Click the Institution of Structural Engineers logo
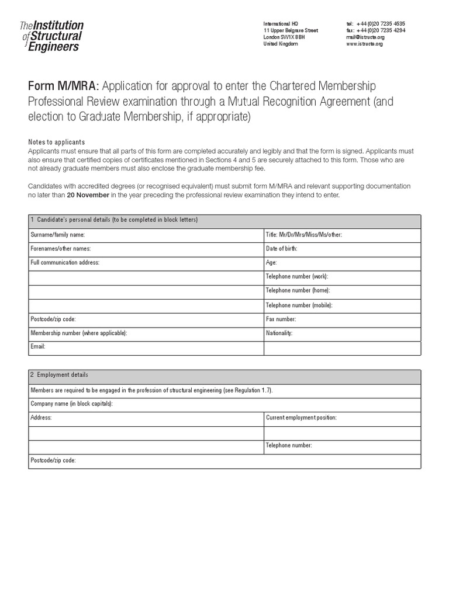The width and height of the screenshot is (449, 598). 51,36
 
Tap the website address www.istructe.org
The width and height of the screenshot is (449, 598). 364,44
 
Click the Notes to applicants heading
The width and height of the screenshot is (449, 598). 57,142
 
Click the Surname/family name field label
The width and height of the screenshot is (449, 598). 58,235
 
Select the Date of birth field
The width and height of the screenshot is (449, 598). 342,249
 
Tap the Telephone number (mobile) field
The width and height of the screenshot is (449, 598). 342,305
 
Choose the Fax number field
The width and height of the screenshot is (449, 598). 342,319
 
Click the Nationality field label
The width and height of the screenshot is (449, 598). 279,333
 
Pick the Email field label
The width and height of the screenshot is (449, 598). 38,347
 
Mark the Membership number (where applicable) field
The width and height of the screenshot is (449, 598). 146,333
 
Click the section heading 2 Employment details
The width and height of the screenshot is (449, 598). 59,375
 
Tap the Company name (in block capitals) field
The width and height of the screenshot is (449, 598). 224,404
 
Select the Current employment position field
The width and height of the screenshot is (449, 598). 342,418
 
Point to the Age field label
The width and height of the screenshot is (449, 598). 271,263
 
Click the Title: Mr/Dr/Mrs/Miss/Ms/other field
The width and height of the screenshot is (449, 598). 342,235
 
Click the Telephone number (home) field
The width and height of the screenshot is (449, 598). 342,291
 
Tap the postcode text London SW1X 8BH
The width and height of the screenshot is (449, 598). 284,37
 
